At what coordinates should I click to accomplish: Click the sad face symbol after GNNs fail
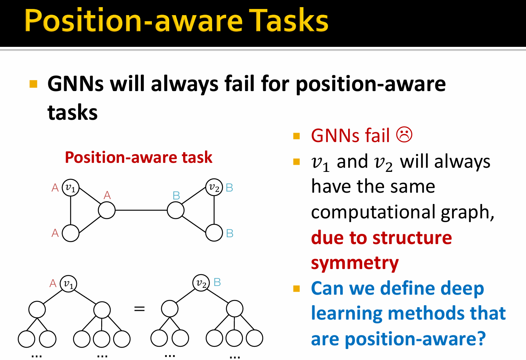pos(404,135)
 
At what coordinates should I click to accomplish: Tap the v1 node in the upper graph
pos(71,187)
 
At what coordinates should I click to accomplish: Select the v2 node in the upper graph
pos(214,187)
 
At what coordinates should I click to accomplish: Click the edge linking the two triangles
pos(141,210)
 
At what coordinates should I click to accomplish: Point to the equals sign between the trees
pos(139,309)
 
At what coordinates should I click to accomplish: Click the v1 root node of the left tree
pos(68,284)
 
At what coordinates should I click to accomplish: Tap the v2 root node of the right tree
pos(201,283)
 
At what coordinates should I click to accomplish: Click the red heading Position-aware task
pos(139,157)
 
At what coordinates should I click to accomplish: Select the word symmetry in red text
pos(355,263)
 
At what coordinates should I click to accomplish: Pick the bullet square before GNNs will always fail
pos(33,84)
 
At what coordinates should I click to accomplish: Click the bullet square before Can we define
pos(296,289)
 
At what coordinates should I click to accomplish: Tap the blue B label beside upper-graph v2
pos(229,188)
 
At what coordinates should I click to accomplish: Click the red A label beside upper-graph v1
pos(55,188)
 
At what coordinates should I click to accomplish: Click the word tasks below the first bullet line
pos(72,112)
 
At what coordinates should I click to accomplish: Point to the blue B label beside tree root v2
pos(217,282)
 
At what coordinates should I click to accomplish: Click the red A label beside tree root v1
pos(53,283)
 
